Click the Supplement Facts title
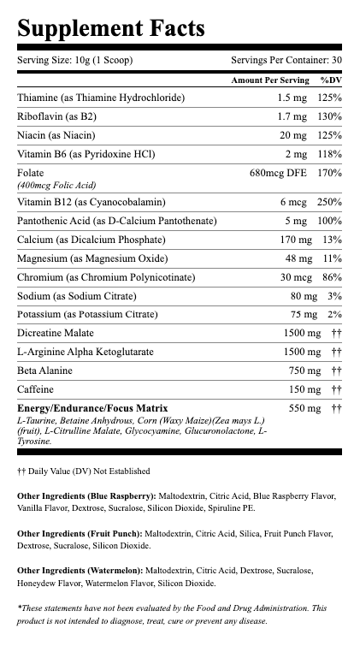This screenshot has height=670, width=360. [x=110, y=28]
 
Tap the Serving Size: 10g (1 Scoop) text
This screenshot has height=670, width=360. [x=75, y=61]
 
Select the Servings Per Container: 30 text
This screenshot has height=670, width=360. [x=286, y=61]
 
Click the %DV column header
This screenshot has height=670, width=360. [x=331, y=80]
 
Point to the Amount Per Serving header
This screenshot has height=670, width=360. [x=269, y=80]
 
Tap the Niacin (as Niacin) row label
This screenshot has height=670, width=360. [x=56, y=135]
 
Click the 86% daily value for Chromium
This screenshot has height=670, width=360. [x=331, y=277]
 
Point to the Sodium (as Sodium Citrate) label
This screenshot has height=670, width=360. [x=75, y=296]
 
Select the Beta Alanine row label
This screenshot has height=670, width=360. [x=45, y=371]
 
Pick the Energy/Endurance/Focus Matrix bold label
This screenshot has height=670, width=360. [x=92, y=408]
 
